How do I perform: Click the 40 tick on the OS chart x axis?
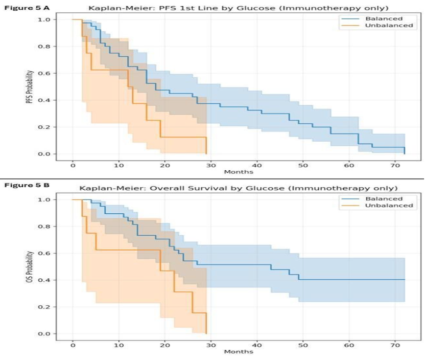click(257, 345)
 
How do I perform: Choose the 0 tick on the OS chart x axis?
click(73, 345)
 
